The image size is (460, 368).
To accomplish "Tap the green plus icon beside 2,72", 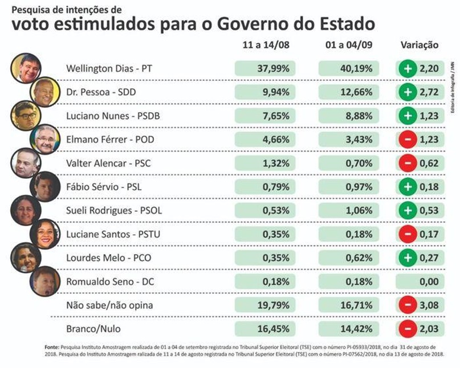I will (408, 92).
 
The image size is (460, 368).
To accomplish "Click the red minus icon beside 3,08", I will (408, 305).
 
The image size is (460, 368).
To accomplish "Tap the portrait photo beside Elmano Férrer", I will (44, 139).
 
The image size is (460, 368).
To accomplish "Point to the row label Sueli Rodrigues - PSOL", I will (115, 210).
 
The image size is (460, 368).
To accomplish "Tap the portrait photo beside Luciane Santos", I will (44, 234).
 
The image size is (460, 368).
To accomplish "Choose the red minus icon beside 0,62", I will (408, 163).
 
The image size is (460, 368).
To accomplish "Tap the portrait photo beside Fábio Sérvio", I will (44, 186).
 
